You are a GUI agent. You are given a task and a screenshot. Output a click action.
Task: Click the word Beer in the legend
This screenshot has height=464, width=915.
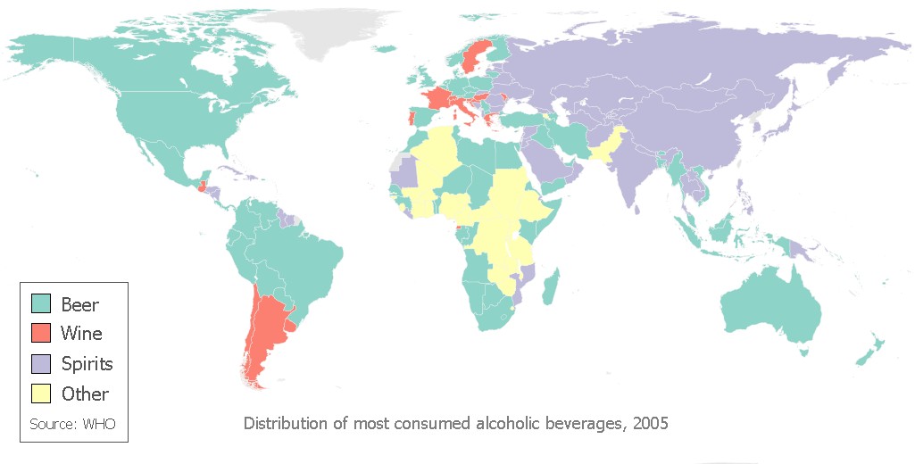coord(79,304)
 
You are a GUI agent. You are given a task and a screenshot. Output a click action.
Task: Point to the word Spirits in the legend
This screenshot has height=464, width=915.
coord(87,364)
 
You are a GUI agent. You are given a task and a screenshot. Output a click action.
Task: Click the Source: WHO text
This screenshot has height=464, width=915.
coord(72,424)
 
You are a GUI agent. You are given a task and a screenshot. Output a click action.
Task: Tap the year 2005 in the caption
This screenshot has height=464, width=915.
coord(650,422)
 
